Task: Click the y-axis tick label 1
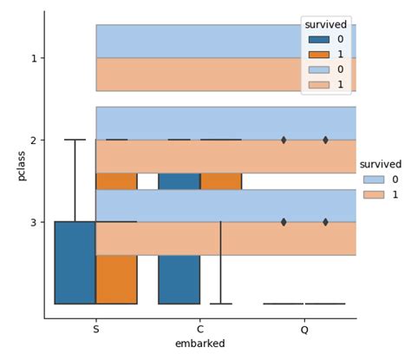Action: click(34, 58)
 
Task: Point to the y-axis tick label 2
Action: click(34, 140)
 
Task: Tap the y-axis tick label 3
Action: click(34, 222)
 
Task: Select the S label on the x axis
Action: click(95, 330)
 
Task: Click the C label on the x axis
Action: click(200, 330)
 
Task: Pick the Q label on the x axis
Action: click(304, 330)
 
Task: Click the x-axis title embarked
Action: click(199, 344)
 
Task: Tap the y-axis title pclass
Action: click(21, 165)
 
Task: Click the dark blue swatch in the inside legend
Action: click(316, 40)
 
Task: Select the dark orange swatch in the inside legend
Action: click(316, 55)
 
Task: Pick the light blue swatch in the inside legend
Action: click(316, 69)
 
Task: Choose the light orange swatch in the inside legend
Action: click(316, 84)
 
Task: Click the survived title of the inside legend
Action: click(326, 24)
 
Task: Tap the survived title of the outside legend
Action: click(381, 164)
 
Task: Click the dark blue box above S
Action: click(75, 262)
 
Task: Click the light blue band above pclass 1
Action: click(199, 41)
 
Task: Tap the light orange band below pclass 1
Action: click(199, 75)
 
